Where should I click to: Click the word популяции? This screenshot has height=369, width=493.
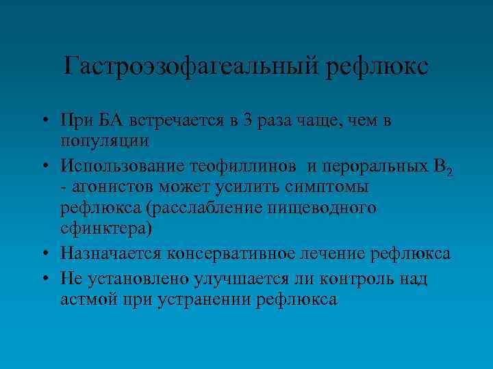[104, 141]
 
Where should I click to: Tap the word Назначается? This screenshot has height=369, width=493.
[110, 254]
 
